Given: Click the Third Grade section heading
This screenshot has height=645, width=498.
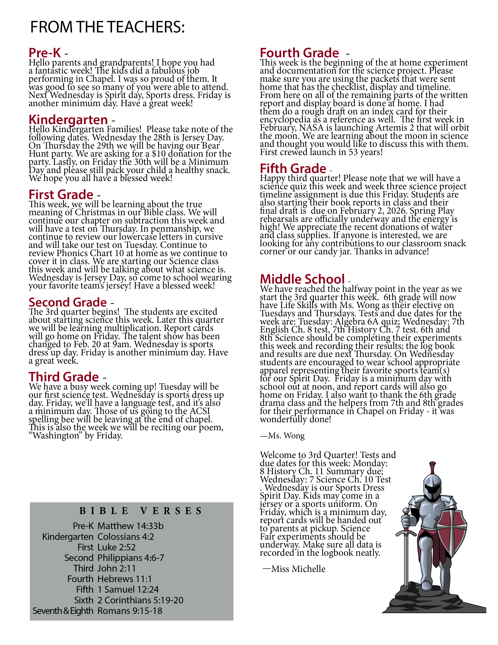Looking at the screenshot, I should click(x=64, y=377).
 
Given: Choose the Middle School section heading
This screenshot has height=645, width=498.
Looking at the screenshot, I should click(x=302, y=279).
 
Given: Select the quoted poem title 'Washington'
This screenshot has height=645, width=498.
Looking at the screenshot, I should click(x=56, y=436).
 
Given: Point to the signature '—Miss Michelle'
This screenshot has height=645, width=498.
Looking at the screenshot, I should click(x=294, y=569).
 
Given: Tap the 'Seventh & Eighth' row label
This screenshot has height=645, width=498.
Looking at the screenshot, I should click(x=63, y=611).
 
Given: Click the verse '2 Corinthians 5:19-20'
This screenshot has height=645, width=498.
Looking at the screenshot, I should click(x=140, y=600).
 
